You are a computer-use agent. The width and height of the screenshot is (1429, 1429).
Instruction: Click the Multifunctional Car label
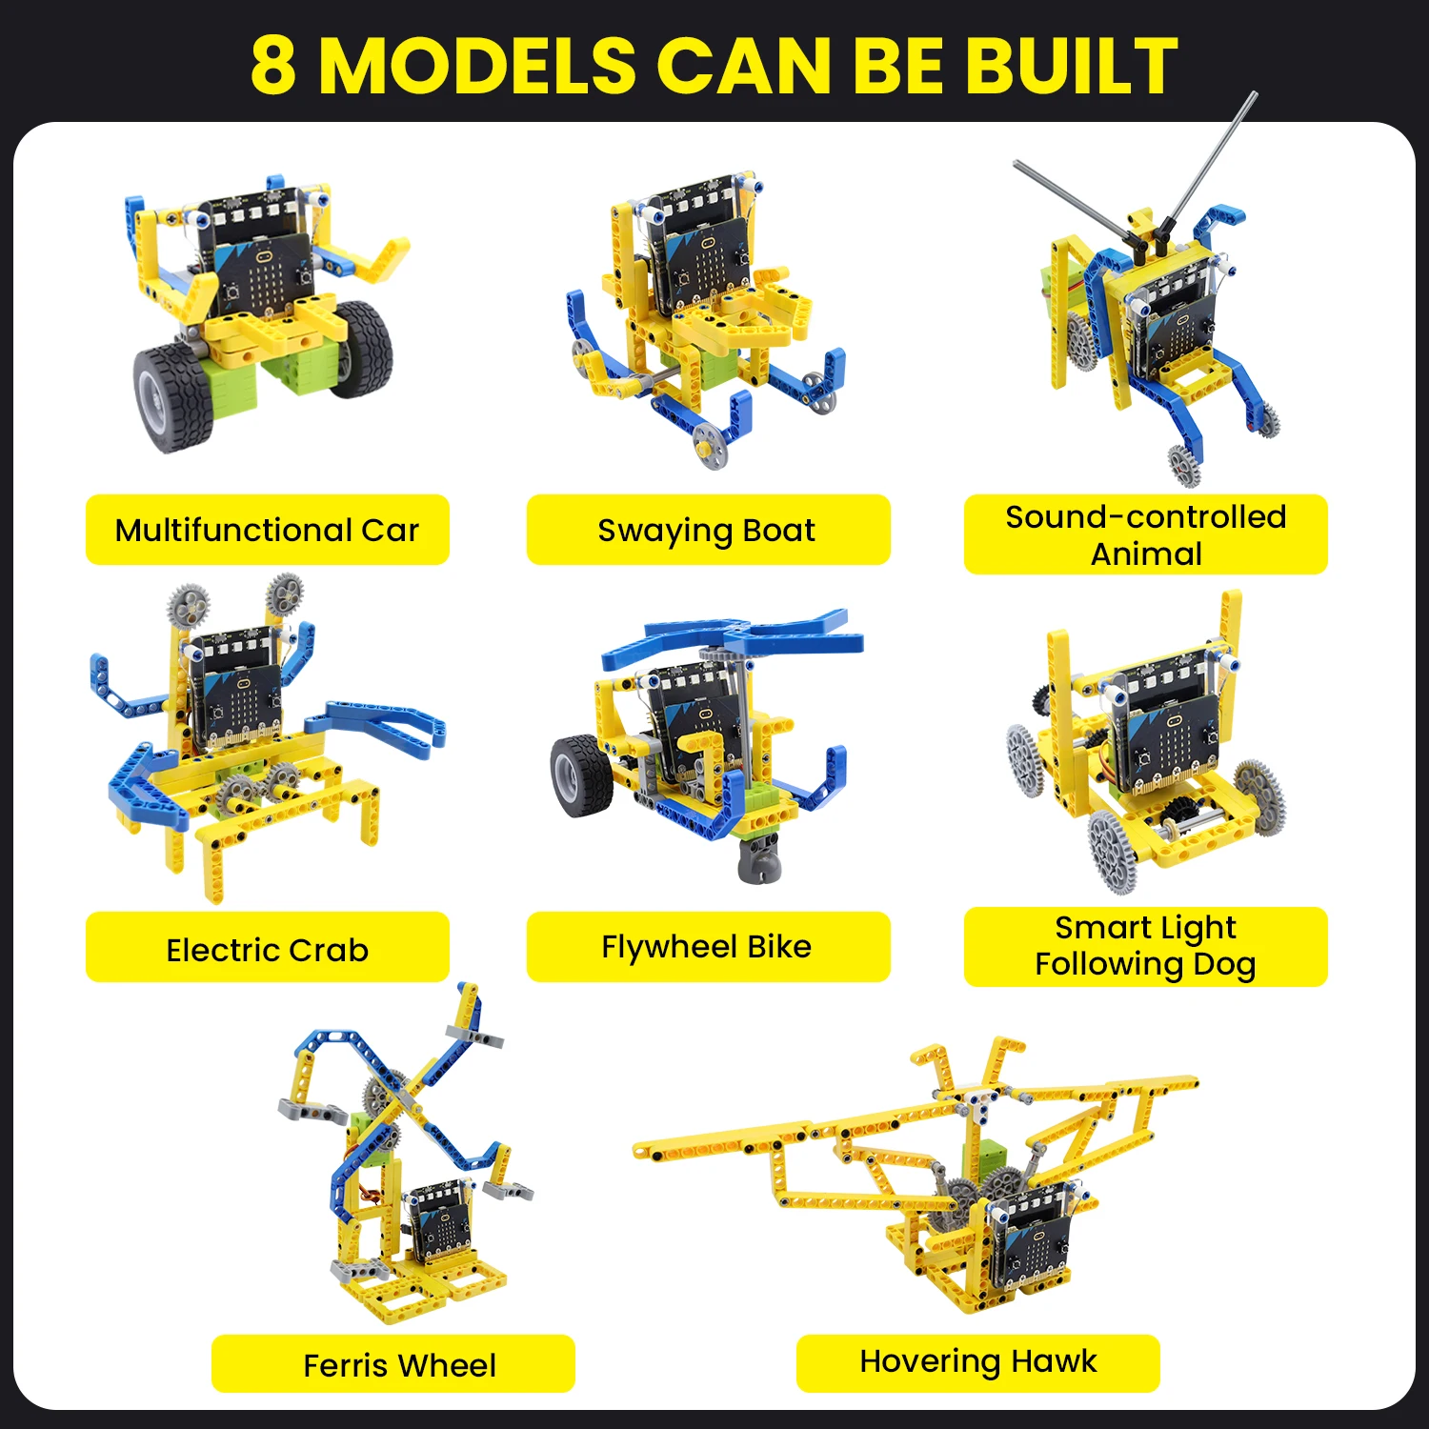[267, 530]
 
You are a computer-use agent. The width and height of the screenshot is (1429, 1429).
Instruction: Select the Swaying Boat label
[707, 530]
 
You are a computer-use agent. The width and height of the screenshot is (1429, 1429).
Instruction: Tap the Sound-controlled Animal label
[1145, 534]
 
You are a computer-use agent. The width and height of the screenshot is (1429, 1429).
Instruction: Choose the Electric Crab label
[267, 949]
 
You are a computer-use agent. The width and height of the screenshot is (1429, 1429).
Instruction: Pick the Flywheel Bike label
[707, 947]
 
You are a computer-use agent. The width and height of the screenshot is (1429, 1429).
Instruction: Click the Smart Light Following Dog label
[1145, 946]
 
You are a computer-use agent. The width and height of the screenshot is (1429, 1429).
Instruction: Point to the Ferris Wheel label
[399, 1364]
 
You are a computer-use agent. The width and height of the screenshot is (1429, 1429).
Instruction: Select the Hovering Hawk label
[977, 1362]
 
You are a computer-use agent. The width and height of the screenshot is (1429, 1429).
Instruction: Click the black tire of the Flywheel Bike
[578, 775]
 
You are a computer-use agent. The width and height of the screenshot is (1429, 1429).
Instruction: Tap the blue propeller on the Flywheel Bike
[734, 636]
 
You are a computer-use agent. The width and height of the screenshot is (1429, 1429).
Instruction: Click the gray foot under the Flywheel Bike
[760, 857]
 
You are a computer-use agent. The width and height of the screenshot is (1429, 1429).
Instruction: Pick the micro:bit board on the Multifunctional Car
[263, 272]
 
